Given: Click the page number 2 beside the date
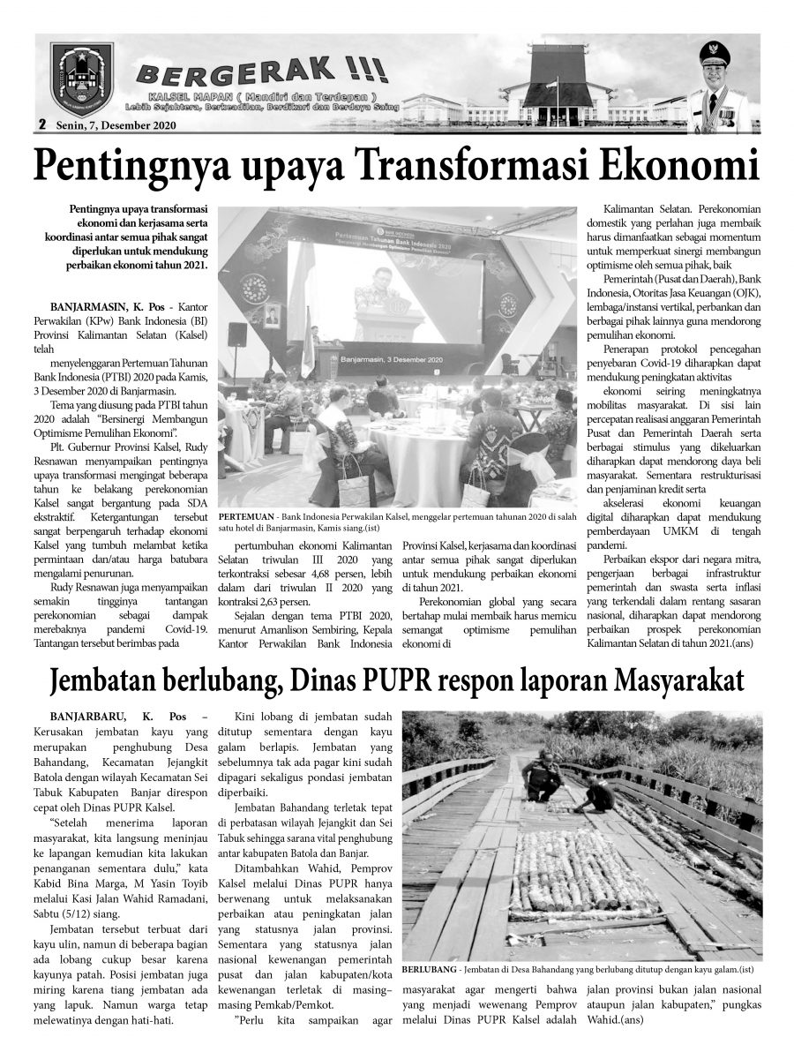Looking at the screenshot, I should click(41, 125).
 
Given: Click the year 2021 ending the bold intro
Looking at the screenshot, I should click(195, 265).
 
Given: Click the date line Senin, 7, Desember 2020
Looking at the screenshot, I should click(114, 125).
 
